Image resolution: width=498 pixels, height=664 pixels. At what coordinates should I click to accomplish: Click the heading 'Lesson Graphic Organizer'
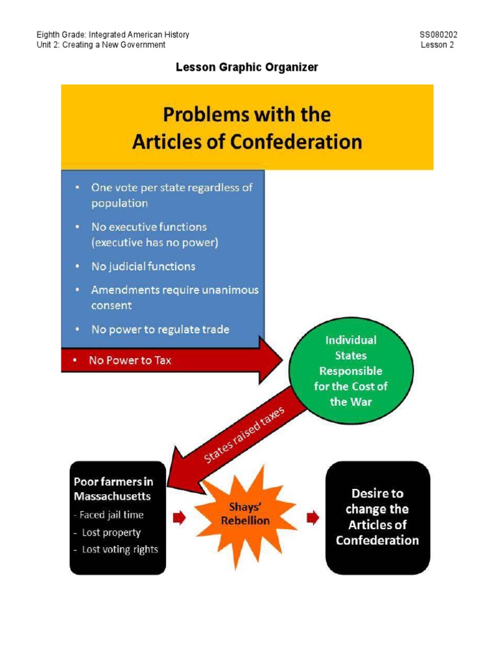click(247, 67)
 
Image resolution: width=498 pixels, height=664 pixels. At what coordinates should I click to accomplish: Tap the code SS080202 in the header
click(443, 34)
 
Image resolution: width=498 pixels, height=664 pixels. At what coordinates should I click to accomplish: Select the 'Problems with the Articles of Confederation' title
click(247, 128)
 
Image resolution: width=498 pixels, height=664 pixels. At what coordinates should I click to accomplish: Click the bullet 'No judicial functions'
click(143, 267)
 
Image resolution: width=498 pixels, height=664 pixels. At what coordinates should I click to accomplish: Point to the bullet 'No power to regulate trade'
click(160, 329)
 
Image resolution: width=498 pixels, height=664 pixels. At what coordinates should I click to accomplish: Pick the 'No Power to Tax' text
click(130, 360)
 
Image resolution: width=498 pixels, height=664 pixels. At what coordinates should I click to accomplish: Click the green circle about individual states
click(351, 371)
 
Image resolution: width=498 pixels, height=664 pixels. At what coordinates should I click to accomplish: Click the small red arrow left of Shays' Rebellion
click(179, 517)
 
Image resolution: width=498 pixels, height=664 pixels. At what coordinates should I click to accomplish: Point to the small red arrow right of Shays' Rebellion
click(313, 517)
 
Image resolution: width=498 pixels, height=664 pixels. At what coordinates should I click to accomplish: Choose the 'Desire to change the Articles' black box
click(377, 517)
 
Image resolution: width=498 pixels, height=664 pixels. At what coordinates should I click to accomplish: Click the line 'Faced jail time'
click(112, 515)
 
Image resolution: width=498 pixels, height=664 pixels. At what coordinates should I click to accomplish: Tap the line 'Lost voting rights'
click(120, 549)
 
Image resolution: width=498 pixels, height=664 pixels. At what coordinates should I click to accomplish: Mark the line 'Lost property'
click(112, 532)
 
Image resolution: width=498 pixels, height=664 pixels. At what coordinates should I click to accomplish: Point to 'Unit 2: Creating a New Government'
click(101, 45)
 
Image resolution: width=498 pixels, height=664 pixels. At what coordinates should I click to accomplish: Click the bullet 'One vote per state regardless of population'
click(172, 195)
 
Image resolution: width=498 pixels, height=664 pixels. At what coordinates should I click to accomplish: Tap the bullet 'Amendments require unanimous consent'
click(174, 298)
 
